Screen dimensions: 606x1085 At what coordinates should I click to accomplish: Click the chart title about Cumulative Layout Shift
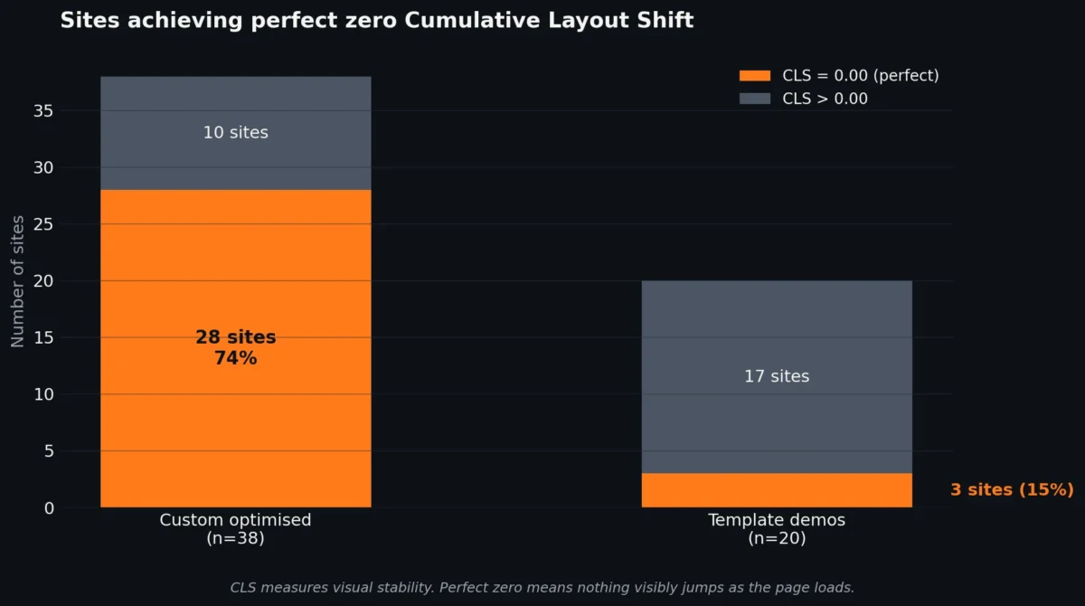click(x=376, y=21)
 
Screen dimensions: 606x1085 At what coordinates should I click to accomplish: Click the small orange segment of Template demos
click(x=777, y=490)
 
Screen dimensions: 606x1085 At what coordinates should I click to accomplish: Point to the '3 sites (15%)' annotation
click(x=1011, y=489)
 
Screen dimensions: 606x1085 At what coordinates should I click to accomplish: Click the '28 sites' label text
click(x=235, y=337)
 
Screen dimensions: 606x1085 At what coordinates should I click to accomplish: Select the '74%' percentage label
click(x=235, y=358)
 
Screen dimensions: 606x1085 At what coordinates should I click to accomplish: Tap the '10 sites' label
click(x=235, y=132)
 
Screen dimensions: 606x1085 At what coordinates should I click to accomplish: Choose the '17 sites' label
click(x=777, y=376)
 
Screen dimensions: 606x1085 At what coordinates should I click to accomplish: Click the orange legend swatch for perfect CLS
click(x=754, y=76)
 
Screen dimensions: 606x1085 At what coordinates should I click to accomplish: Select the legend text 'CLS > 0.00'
click(x=824, y=99)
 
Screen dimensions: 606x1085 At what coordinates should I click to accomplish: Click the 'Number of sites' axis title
click(x=18, y=281)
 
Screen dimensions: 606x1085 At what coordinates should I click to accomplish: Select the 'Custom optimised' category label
click(x=235, y=520)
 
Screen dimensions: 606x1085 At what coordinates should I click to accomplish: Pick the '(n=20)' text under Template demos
click(x=777, y=538)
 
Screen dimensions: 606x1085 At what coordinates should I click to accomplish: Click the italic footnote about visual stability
click(x=542, y=587)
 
